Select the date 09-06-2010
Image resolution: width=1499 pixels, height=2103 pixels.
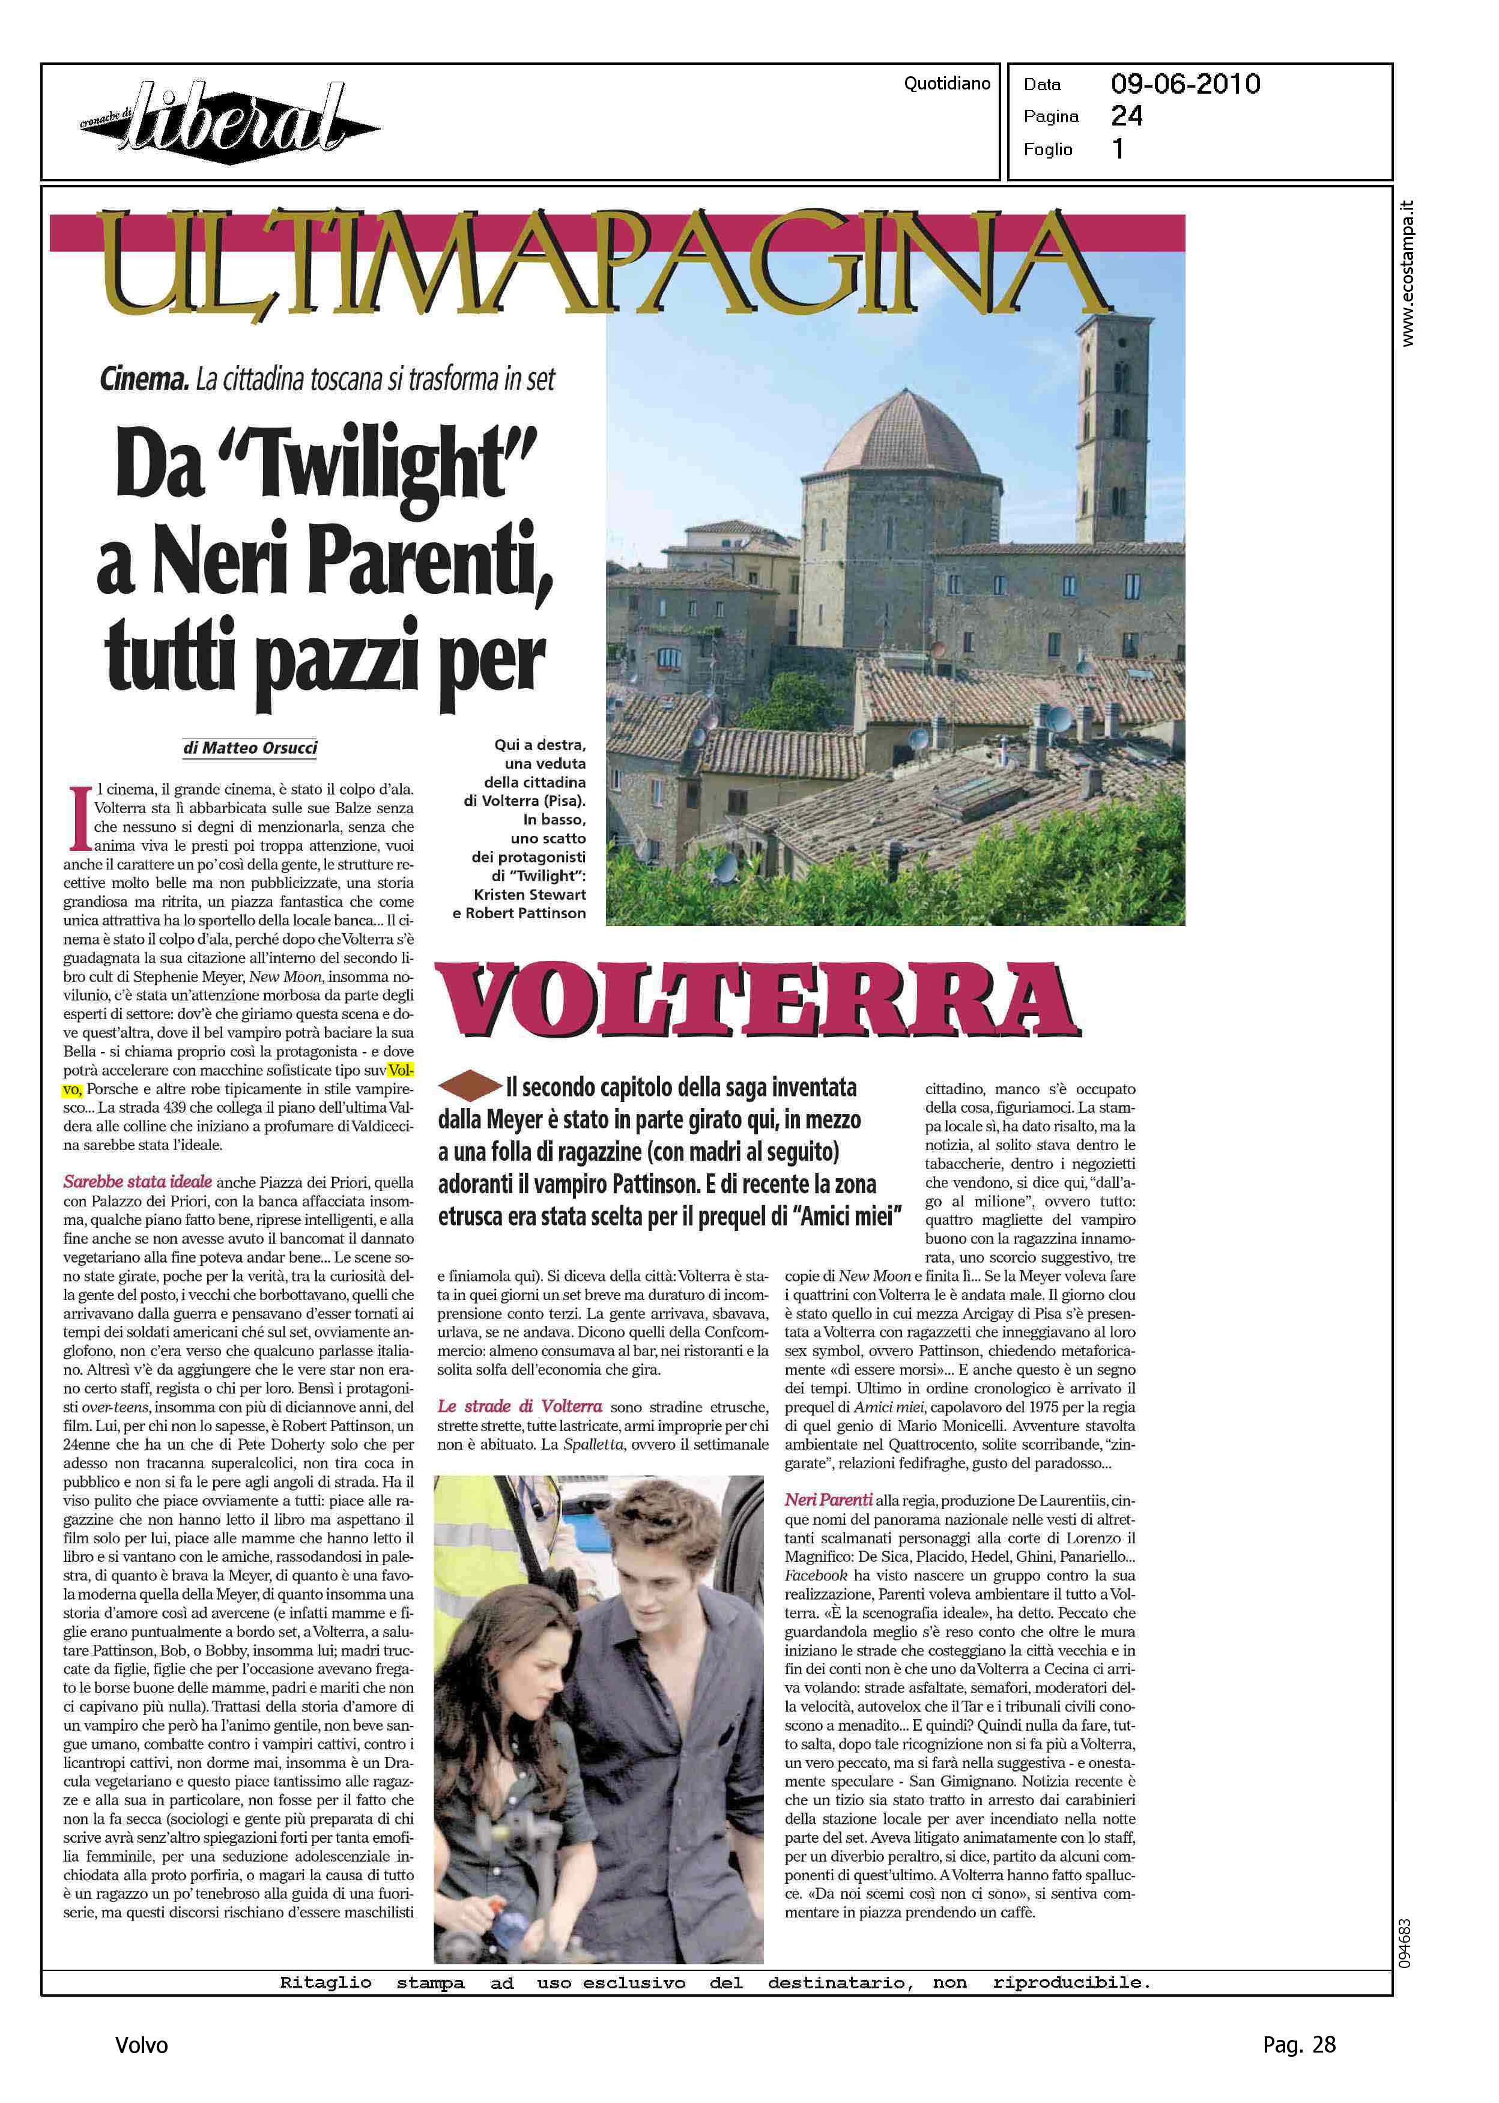coord(1185,85)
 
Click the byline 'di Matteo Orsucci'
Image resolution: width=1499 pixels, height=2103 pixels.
coord(250,748)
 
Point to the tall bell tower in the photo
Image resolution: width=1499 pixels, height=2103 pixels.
coord(1114,425)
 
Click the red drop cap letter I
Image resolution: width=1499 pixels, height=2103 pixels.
coord(79,817)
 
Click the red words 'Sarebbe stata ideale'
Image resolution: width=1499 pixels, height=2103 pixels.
coord(138,1182)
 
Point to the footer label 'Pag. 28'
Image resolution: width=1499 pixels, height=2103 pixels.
coord(1298,2045)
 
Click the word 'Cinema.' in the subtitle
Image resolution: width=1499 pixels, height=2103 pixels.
coord(144,380)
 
